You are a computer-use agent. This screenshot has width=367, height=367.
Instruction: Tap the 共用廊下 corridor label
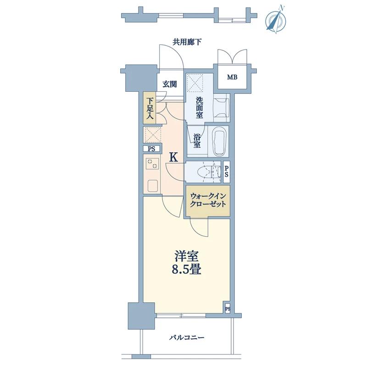tap(187, 42)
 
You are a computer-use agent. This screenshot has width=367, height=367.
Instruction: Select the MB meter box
tap(232, 77)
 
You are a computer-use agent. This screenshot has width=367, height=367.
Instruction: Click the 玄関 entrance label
tap(170, 84)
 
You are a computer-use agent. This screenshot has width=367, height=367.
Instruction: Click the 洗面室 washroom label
tap(200, 108)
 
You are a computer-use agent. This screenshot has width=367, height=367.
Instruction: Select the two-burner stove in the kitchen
tap(152, 164)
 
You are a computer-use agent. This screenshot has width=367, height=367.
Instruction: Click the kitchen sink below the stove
tap(153, 186)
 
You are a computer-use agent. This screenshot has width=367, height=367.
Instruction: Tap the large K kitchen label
tap(173, 157)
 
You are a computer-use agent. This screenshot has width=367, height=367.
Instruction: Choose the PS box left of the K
tap(152, 149)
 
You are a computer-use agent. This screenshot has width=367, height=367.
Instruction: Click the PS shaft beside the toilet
tap(226, 172)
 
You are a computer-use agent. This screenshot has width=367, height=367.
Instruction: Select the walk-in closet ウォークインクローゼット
tap(208, 200)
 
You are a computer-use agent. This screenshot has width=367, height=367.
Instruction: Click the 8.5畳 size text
tap(187, 270)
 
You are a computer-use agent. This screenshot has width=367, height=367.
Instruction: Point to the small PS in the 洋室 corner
tap(228, 309)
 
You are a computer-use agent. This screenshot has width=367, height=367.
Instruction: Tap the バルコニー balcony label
tap(187, 338)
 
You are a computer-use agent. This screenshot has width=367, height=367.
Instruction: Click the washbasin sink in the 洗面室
tap(222, 108)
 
